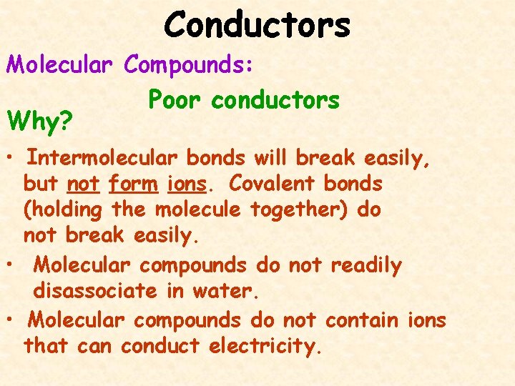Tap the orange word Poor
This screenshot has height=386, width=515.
(x=175, y=101)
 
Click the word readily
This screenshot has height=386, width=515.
(x=366, y=265)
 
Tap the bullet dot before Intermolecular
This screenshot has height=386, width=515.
(x=11, y=157)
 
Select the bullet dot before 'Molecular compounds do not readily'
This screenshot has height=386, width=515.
(x=11, y=266)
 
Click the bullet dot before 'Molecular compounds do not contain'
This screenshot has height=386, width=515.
(x=11, y=320)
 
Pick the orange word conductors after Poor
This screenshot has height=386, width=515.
(x=275, y=101)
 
